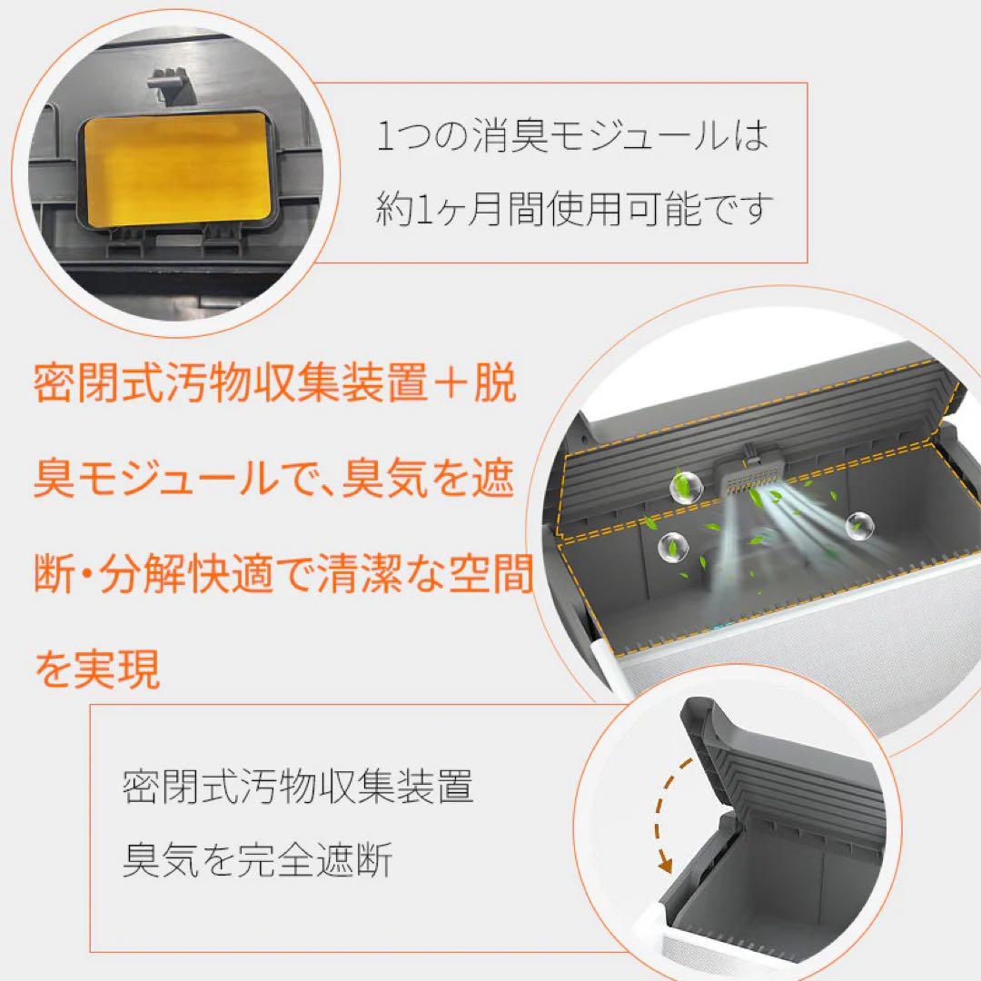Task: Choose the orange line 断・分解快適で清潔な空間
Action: [x=282, y=577]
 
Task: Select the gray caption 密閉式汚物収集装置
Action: [x=298, y=788]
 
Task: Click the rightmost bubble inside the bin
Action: [x=858, y=524]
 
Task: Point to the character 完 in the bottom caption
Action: [x=258, y=859]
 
